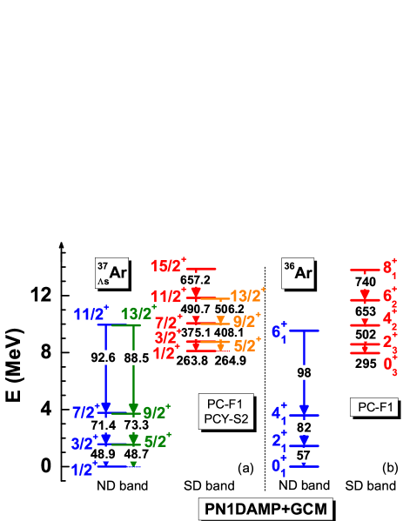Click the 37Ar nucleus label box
(x=112, y=273)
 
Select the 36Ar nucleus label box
(x=299, y=273)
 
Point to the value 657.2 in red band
(x=195, y=280)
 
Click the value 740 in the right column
(x=365, y=282)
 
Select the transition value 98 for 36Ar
(x=304, y=373)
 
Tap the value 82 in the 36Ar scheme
(x=304, y=428)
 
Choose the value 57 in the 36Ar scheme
(x=304, y=456)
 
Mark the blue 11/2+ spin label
(x=91, y=313)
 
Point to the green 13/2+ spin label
(x=139, y=313)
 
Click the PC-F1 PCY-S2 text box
(x=225, y=410)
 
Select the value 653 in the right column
(x=365, y=311)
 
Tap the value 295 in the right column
(x=365, y=364)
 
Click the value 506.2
(x=228, y=309)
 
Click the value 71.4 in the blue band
(x=103, y=424)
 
